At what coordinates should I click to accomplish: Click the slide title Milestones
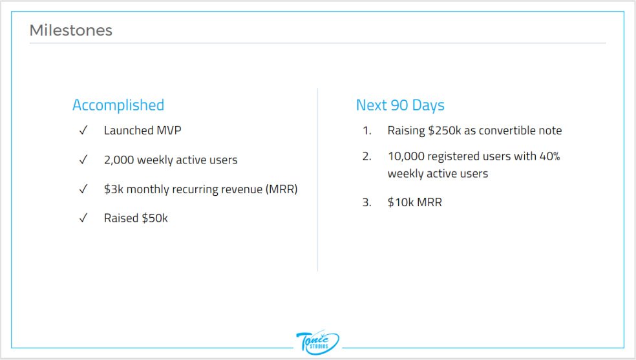click(71, 30)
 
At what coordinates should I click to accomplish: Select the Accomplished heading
click(118, 105)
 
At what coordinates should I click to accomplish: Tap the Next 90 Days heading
click(400, 105)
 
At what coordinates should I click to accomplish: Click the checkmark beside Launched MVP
click(83, 131)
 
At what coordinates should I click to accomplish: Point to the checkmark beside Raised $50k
click(83, 218)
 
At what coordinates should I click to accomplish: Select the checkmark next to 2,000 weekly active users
click(83, 160)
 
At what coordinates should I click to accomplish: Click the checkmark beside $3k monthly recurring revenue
click(83, 189)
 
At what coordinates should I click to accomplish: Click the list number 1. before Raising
click(366, 131)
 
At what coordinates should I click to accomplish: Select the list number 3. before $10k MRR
click(366, 202)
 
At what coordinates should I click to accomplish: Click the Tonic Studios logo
click(317, 341)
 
